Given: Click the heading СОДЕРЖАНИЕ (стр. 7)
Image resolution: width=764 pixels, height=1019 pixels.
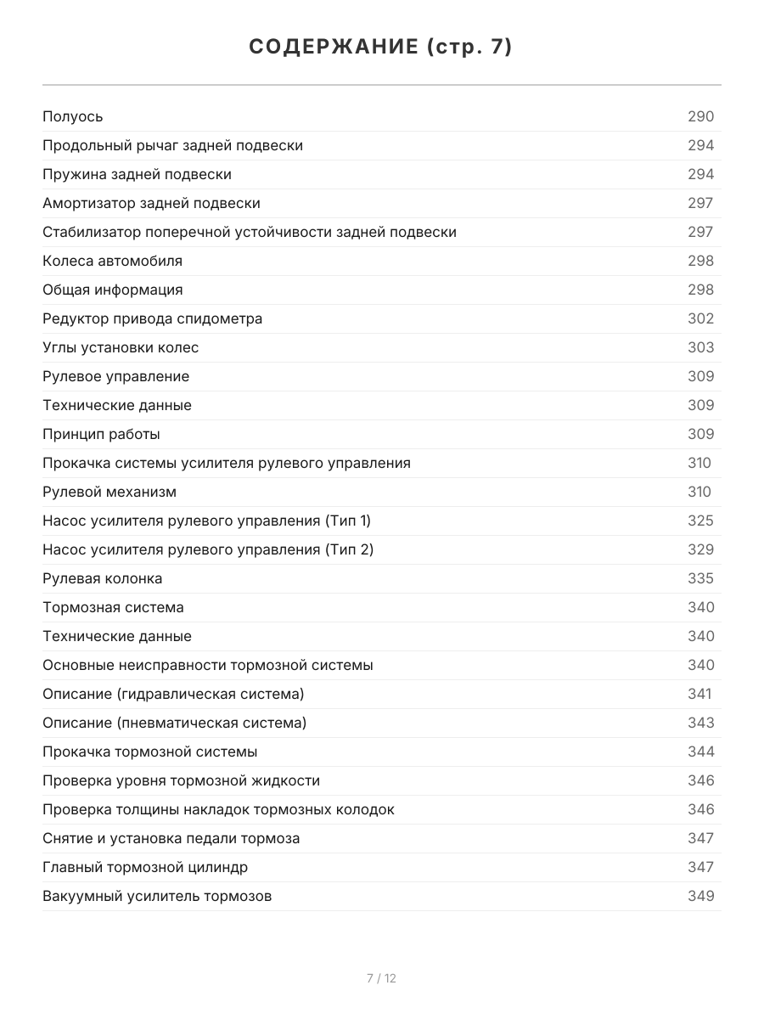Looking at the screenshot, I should click(381, 48).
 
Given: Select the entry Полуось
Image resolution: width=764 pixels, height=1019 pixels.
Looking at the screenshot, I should click(73, 116).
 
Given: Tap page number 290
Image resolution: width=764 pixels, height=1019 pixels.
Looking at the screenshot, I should click(700, 116).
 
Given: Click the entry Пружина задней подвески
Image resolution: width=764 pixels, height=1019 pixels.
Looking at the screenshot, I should click(137, 174).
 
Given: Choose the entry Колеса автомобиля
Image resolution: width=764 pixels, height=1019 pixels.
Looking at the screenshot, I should click(112, 261).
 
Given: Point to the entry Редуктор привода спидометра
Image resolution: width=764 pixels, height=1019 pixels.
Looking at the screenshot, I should click(152, 318).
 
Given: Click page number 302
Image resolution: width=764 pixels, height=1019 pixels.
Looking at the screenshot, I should click(700, 318).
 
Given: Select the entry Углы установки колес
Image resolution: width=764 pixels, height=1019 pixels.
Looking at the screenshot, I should click(121, 347).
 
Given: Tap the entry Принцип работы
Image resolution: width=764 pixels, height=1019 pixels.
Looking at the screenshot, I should click(101, 434).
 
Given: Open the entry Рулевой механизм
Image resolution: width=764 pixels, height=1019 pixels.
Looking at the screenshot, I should click(110, 492).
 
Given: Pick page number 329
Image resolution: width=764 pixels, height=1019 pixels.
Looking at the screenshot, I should click(700, 549).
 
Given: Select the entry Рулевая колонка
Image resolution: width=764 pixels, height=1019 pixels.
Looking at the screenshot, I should click(102, 578).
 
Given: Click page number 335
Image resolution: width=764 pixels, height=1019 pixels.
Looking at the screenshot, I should click(700, 578).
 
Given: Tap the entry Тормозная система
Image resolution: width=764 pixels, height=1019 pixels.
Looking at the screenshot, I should click(113, 607).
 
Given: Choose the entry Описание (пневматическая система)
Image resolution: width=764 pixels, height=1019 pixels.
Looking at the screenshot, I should click(174, 723).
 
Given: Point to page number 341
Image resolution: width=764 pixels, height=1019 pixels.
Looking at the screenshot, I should click(699, 694).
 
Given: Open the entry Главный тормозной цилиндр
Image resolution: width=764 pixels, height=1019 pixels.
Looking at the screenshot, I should click(145, 867).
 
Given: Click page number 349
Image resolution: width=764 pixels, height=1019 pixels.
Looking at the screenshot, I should click(700, 896).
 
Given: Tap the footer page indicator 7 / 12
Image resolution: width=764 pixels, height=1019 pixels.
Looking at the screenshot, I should click(381, 978).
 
